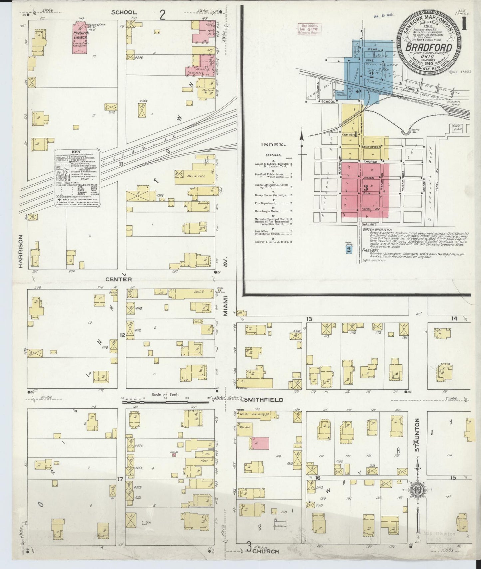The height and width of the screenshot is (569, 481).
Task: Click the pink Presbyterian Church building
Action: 80,38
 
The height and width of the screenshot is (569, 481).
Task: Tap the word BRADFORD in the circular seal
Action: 428,47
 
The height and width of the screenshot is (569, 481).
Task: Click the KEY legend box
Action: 78,178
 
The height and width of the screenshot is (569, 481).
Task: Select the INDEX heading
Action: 274,145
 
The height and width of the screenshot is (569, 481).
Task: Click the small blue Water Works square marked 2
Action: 348,250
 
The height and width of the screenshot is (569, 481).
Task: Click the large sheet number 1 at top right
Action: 464,26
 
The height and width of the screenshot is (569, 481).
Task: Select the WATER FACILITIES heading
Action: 377,230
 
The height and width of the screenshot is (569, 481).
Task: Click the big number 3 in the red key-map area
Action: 365,187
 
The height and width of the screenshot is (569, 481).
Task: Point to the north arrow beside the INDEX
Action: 302,145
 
